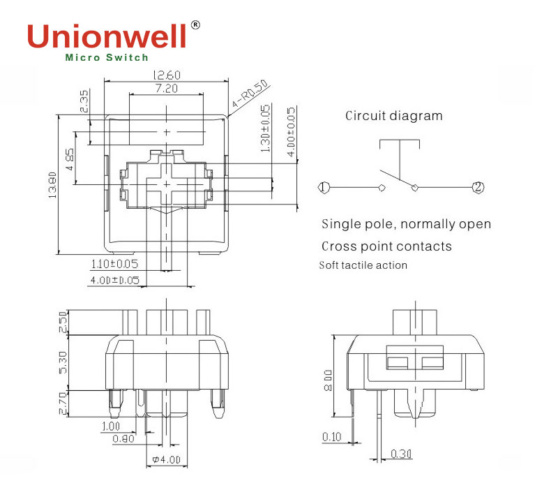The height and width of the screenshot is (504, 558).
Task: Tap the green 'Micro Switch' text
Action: tap(107, 59)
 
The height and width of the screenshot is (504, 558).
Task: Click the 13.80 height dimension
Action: tap(53, 185)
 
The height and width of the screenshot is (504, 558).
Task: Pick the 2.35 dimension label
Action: tap(84, 102)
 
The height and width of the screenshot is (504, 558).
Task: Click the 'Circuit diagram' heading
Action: tap(393, 116)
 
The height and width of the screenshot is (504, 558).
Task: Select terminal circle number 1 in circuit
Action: tap(323, 187)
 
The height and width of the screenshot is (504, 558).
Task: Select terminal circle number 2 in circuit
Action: tap(477, 187)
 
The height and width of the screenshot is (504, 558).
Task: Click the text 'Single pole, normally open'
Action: tap(406, 224)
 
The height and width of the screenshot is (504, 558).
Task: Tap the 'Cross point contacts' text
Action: tap(386, 246)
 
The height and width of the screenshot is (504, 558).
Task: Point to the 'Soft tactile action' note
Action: tap(363, 265)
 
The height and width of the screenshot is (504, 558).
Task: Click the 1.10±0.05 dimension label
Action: tap(114, 264)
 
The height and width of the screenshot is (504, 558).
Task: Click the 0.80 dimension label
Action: tap(124, 438)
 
